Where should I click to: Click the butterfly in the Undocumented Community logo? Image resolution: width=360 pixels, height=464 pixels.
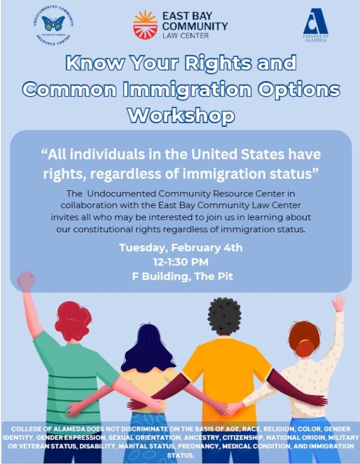pos(53,23)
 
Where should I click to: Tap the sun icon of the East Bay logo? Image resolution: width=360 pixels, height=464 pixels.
pos(145,25)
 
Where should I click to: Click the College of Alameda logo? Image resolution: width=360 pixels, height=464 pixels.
pos(316,25)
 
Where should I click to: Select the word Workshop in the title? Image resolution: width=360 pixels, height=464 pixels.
pos(181,115)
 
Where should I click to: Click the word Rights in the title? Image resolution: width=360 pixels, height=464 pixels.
pos(219,63)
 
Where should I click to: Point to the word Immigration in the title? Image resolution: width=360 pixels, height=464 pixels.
pos(187,89)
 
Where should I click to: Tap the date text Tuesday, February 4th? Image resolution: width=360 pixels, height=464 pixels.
pos(181,247)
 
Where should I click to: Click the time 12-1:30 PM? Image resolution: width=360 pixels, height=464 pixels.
pos(181,262)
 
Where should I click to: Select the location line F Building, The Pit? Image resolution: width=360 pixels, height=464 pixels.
pos(182,276)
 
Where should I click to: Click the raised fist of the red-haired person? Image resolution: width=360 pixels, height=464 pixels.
pos(26,281)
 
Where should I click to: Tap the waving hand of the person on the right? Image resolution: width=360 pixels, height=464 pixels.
pos(339,303)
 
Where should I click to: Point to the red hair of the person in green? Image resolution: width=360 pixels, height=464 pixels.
pos(73,321)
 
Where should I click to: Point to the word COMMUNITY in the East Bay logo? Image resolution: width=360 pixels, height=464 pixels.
pos(195,26)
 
